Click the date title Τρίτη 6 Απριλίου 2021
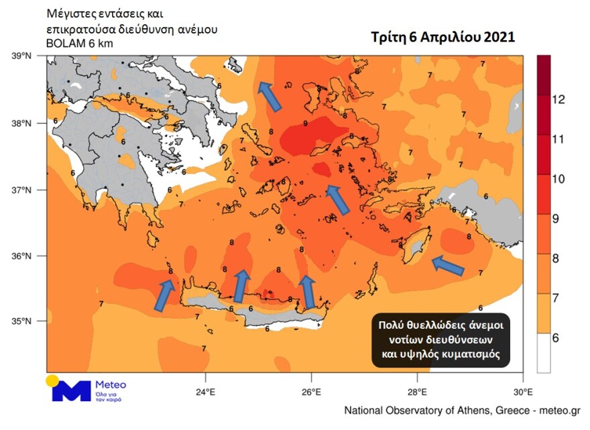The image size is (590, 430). [442, 38]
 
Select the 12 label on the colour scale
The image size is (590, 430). [558, 100]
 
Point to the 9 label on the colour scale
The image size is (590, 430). [558, 219]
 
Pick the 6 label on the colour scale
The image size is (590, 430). [558, 338]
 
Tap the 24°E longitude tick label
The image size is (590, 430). [205, 392]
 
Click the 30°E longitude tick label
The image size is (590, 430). [522, 392]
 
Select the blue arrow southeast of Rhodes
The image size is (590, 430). [447, 265]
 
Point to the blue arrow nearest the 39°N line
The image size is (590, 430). [270, 95]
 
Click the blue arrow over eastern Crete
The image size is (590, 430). [306, 291]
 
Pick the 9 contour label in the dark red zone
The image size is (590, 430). [305, 123]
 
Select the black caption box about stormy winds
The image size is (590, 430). [440, 339]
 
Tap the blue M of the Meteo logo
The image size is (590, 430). [70, 390]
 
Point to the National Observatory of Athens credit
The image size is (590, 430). [462, 410]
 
